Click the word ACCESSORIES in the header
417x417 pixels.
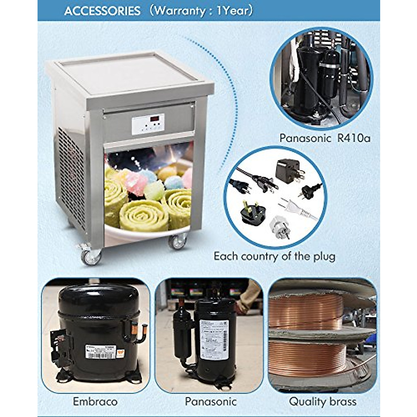click(x=102, y=11)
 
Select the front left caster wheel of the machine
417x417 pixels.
click(x=91, y=256)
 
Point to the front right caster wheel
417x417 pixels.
click(x=178, y=242)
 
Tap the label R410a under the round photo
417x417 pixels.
click(x=353, y=138)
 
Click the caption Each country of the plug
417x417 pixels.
click(x=275, y=256)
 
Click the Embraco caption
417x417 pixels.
click(x=95, y=402)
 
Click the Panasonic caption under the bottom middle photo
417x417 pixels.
click(x=211, y=402)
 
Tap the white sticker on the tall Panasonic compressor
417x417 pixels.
click(x=214, y=339)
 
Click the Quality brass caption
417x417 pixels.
click(x=322, y=402)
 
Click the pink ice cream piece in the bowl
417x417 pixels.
click(x=136, y=182)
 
